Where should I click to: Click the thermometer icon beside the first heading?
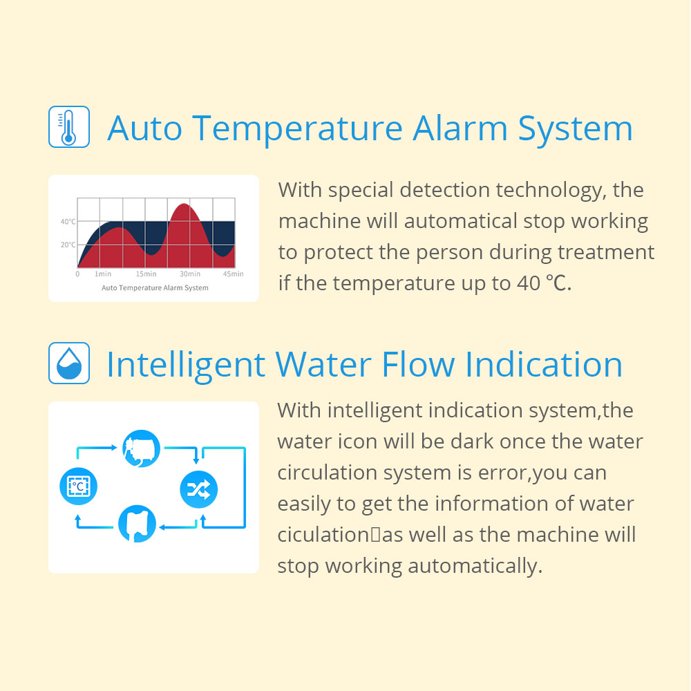[68, 126]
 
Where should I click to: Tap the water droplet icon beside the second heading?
[68, 363]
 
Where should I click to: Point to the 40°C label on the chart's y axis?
[68, 222]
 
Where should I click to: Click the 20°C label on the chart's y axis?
[68, 245]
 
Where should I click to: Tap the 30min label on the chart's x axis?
[190, 274]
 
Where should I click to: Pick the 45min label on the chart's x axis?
[233, 274]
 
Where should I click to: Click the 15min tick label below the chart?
[146, 274]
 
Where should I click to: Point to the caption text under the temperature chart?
[155, 287]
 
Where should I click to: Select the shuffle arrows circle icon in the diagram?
[198, 489]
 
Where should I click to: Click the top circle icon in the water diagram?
[141, 448]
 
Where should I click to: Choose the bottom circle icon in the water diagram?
[138, 524]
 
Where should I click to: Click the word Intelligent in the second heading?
[185, 364]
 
